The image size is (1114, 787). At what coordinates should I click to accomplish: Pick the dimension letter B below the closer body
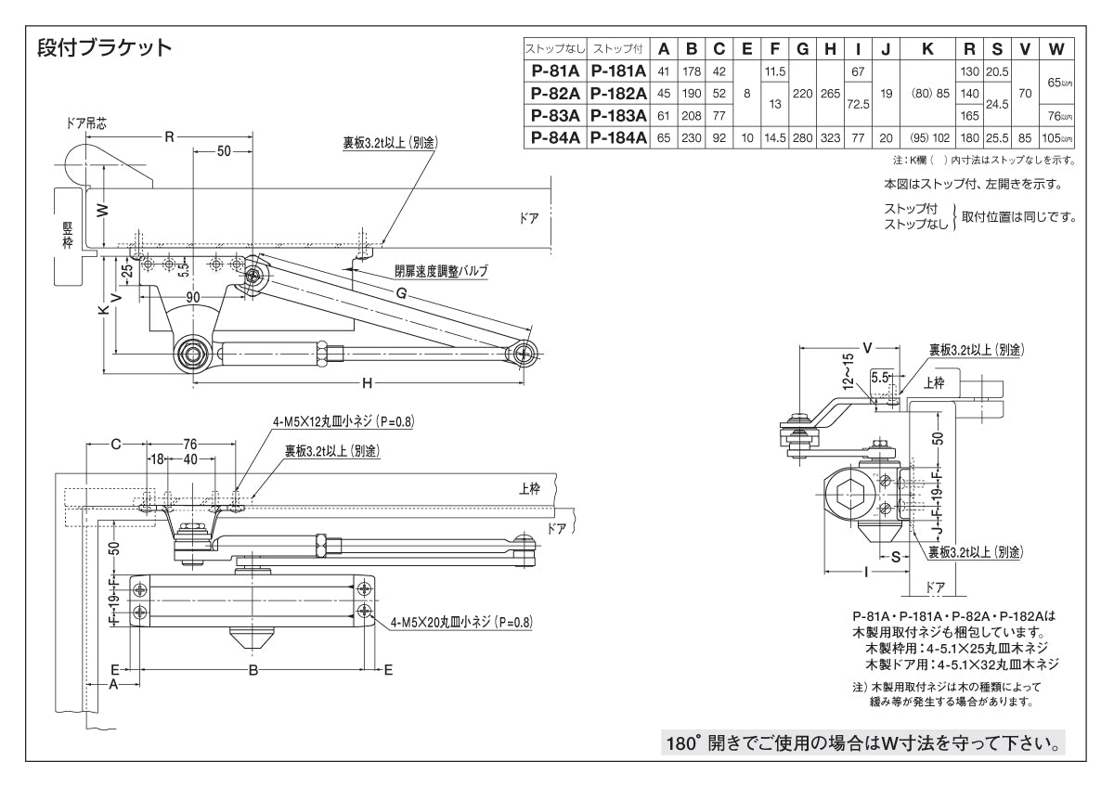(253, 670)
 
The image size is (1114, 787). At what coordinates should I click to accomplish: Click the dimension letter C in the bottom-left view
(115, 445)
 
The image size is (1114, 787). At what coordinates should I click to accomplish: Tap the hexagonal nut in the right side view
(848, 494)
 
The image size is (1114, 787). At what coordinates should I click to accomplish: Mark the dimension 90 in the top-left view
(193, 297)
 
